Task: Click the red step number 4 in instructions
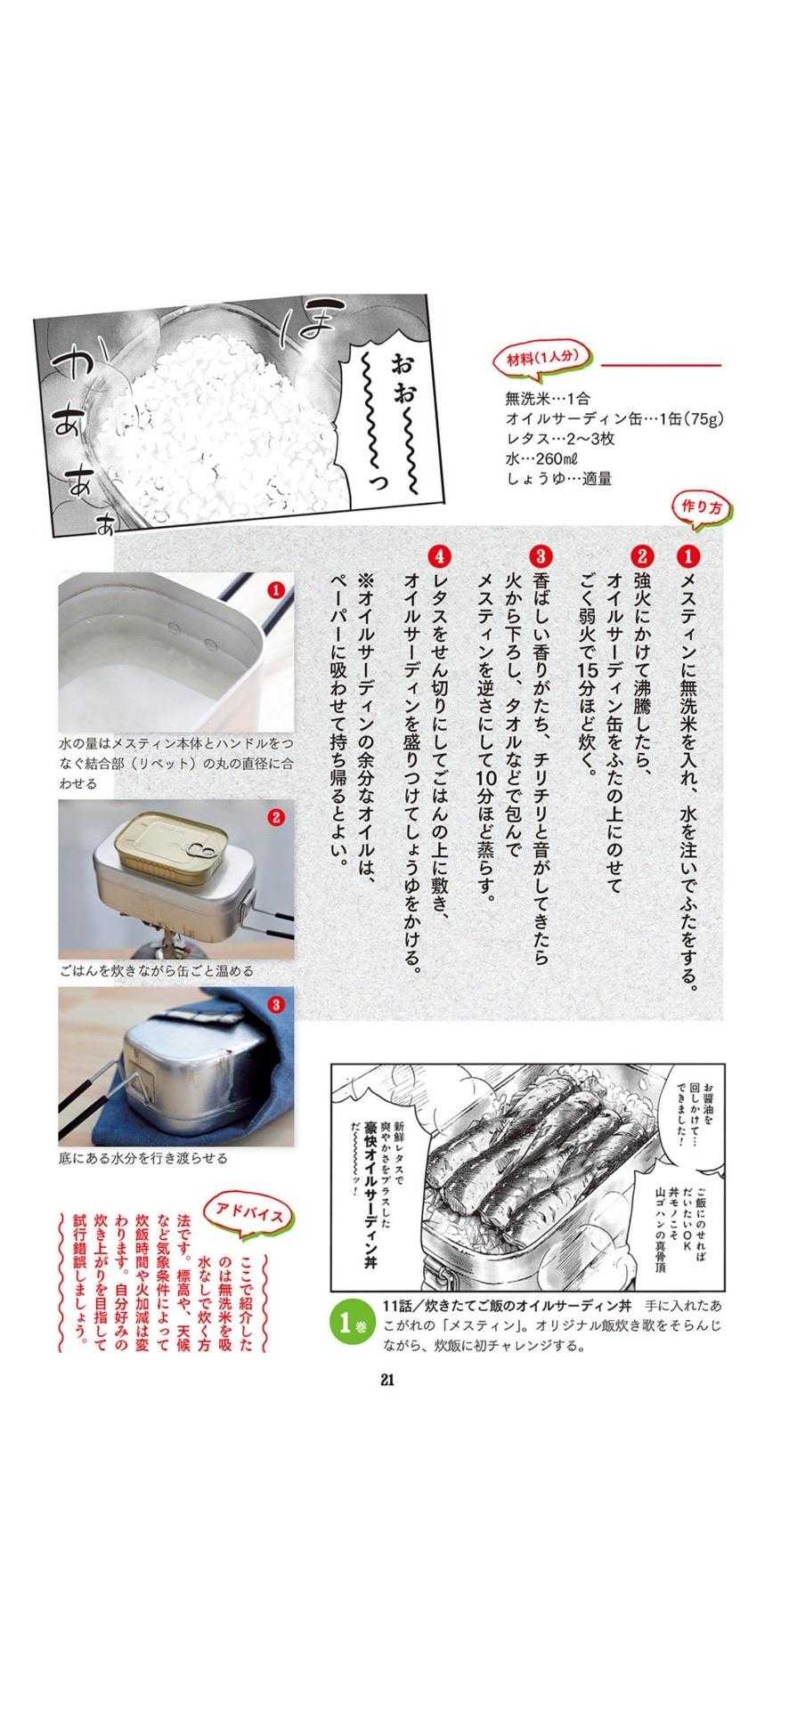pos(438,556)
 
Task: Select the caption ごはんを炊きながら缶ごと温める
pos(156,970)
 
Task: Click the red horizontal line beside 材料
pos(661,364)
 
